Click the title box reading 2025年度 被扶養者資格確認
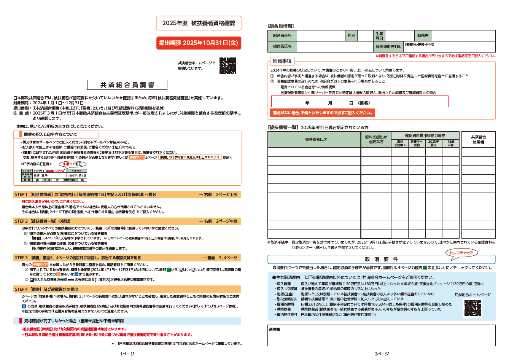pos(199,23)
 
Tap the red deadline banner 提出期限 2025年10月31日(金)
pos(199,43)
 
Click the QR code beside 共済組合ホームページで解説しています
pos(227,66)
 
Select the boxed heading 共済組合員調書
pos(127,85)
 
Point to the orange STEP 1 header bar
pos(127,194)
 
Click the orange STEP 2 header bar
pos(127,221)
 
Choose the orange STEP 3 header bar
pos(127,258)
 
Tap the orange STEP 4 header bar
pos(127,289)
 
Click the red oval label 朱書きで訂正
pos(72,164)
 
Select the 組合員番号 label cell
pos(282,36)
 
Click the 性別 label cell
pos(351,36)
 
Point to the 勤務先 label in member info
pos(423,36)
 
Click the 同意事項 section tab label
pos(282,61)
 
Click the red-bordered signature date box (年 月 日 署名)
pos(359,102)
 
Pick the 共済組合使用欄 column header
pos(478,139)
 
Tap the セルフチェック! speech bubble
pos(461,253)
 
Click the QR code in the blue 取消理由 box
pos(472,308)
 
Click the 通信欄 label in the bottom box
pos(274,330)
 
